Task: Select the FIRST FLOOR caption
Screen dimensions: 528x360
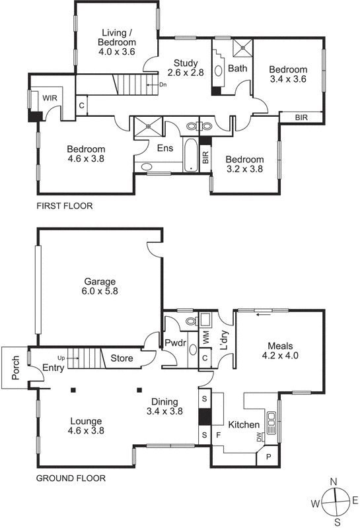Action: [x=65, y=206]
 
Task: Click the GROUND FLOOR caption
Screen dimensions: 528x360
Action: [x=71, y=478]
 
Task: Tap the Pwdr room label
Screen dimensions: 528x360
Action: [x=176, y=343]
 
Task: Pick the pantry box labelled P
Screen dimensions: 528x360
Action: [x=269, y=457]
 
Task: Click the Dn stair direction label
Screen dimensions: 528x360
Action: [x=162, y=84]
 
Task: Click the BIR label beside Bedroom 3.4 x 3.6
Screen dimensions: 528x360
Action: [x=301, y=117]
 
